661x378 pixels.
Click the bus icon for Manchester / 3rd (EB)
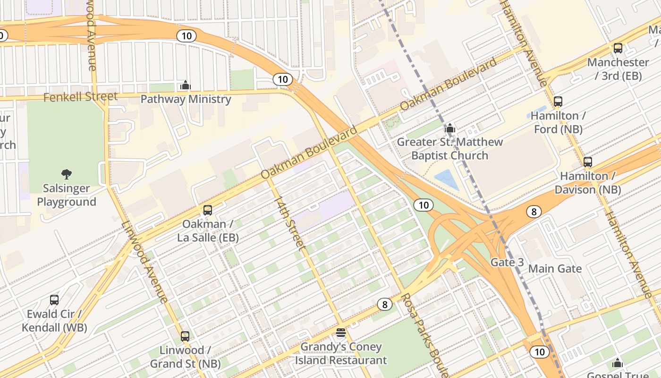[618, 48]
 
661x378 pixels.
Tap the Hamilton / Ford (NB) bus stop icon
[558, 102]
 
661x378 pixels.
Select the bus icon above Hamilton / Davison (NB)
[587, 162]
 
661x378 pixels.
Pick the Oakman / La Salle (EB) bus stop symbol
[208, 210]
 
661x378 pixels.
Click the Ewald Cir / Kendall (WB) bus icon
[54, 300]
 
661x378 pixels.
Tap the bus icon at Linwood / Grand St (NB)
[185, 336]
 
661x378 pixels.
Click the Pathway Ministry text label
[186, 99]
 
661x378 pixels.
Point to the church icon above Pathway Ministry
[186, 85]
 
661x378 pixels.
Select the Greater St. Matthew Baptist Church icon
[449, 128]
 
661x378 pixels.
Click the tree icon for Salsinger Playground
[67, 174]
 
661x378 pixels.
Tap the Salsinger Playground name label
[67, 195]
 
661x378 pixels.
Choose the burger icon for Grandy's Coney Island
[341, 333]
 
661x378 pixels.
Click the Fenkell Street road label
[80, 97]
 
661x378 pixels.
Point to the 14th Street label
[290, 223]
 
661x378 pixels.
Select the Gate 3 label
[507, 262]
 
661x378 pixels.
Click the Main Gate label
[555, 269]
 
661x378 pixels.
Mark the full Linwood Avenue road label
[144, 262]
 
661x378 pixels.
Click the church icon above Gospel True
[617, 363]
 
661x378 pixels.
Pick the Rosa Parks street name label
[423, 333]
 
